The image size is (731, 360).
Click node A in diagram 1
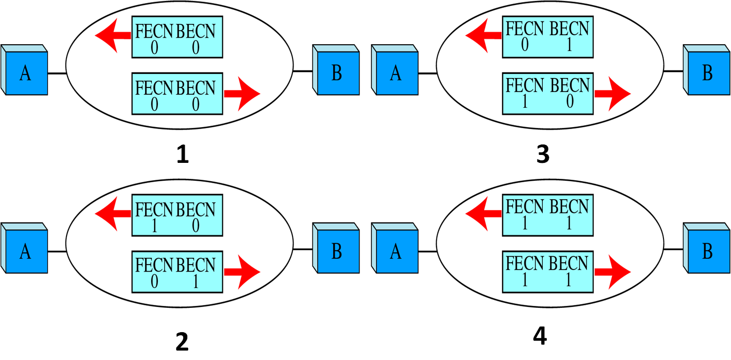pos(25,73)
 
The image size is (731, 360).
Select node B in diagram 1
pos(336,73)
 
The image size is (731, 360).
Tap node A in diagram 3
pos(396,73)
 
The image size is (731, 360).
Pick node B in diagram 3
pos(707,73)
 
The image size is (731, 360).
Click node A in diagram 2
pos(25,251)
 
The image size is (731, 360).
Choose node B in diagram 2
pos(336,251)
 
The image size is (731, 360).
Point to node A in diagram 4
pos(396,251)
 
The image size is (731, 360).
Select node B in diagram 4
pos(707,251)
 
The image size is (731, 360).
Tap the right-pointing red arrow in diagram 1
pos(242,93)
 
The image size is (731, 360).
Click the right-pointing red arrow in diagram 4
pos(613,272)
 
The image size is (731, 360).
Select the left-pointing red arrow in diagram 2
pos(112,214)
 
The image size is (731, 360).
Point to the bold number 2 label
pos(182,342)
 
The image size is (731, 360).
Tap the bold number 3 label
pos(543,154)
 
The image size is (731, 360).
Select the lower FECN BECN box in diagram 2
pos(177,272)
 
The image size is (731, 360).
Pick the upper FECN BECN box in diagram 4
pos(548,215)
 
